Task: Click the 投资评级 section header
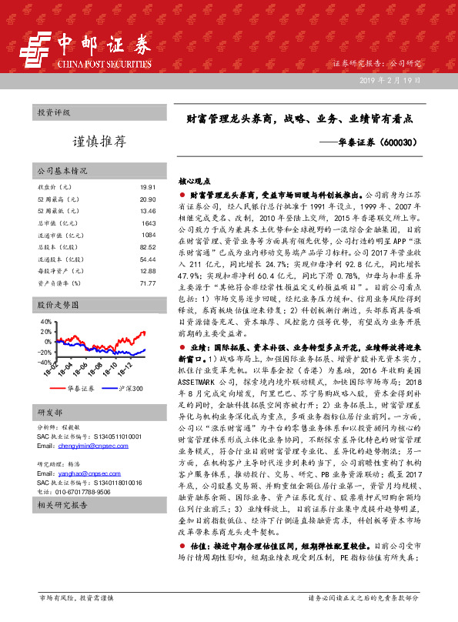pos(54,112)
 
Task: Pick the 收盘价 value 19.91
pos(149,188)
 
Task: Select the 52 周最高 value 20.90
pos(149,199)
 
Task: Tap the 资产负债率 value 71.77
pos(149,283)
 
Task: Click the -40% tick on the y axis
pos(44,362)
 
